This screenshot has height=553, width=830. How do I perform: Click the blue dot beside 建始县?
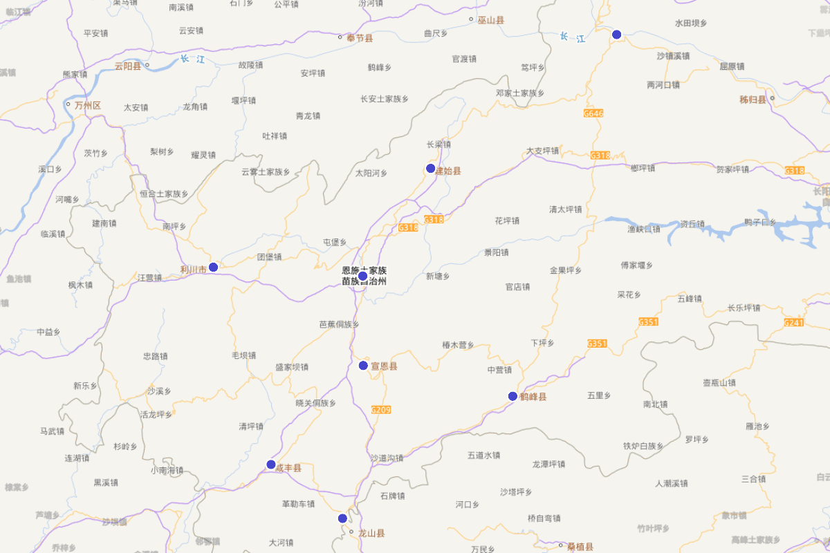point(430,169)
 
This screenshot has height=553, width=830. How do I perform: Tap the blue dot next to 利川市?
point(214,267)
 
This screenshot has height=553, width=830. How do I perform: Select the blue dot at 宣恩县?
point(363,366)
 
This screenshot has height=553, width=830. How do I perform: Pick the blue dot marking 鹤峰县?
point(513,396)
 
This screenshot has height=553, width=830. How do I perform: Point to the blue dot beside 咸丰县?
point(271,465)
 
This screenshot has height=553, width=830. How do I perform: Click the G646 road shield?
point(593,113)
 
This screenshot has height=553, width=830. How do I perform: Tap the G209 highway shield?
point(381,410)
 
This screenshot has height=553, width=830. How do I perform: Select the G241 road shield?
point(794,323)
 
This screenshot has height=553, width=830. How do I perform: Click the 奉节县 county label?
point(360,38)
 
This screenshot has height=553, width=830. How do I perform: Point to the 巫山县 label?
point(491,20)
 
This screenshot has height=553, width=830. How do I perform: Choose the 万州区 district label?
point(88,106)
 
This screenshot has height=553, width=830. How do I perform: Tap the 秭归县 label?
point(753,100)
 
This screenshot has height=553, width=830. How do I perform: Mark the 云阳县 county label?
point(128,67)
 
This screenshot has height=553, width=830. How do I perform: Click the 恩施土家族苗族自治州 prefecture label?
point(365,276)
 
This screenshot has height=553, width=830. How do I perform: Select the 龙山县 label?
point(371,533)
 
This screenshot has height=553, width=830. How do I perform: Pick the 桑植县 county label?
point(580,547)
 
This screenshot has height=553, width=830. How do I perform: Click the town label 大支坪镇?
point(542,151)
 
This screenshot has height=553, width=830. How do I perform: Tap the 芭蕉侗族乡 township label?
point(339,324)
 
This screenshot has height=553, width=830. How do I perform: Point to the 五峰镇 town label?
point(690,299)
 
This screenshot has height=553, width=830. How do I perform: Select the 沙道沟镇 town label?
point(387,458)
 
